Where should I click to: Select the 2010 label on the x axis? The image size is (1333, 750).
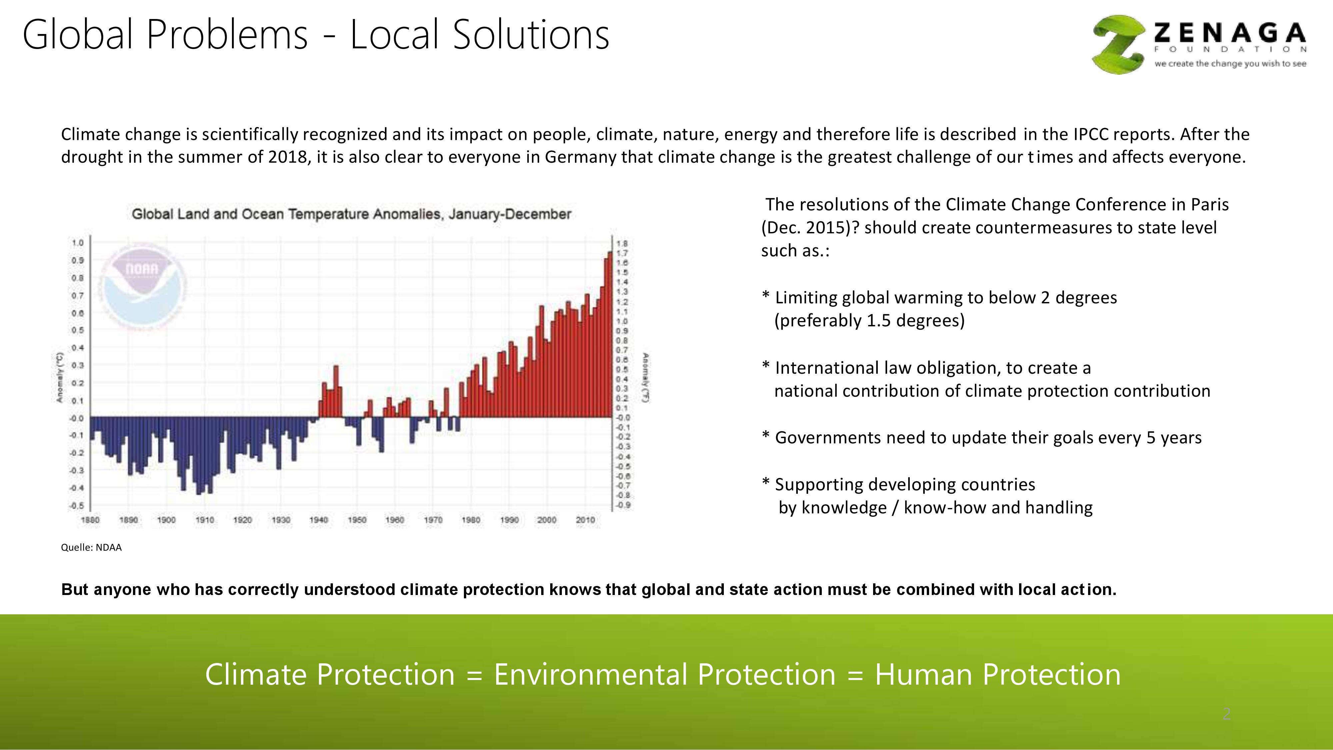pyautogui.click(x=585, y=520)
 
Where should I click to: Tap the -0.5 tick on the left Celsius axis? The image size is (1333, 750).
pyautogui.click(x=77, y=505)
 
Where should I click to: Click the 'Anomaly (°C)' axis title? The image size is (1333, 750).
pyautogui.click(x=60, y=377)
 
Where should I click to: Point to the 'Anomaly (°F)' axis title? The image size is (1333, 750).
pyautogui.click(x=646, y=377)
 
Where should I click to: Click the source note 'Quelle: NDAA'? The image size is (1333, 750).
pyautogui.click(x=91, y=548)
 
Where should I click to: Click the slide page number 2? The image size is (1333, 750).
pyautogui.click(x=1226, y=714)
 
